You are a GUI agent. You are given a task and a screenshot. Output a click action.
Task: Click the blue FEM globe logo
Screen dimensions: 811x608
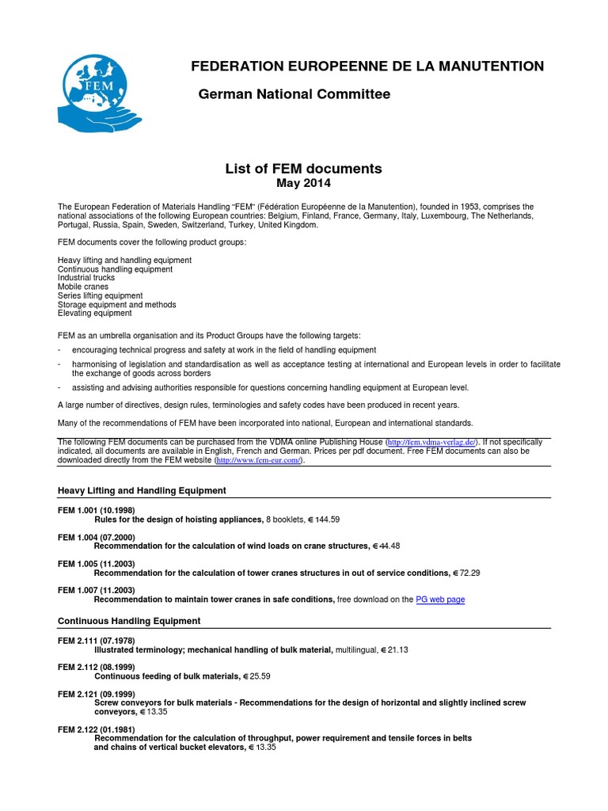coord(100,93)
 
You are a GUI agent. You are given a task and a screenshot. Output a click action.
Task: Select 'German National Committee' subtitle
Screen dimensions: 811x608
coord(294,95)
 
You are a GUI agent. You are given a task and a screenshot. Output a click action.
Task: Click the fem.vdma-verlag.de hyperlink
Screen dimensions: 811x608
coord(431,441)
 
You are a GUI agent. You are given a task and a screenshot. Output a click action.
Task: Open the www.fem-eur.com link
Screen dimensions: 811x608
coord(258,459)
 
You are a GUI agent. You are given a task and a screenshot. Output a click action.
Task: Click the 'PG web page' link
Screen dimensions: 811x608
coord(440,600)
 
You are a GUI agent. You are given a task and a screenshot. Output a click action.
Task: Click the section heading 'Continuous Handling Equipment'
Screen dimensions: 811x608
coord(130,620)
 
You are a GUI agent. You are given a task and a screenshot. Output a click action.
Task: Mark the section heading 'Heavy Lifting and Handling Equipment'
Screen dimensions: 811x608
coord(142,491)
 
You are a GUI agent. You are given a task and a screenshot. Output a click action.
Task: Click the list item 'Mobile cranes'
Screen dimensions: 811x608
coord(83,287)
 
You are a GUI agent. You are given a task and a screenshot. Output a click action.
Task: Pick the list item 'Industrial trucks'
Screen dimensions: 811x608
coord(86,278)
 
